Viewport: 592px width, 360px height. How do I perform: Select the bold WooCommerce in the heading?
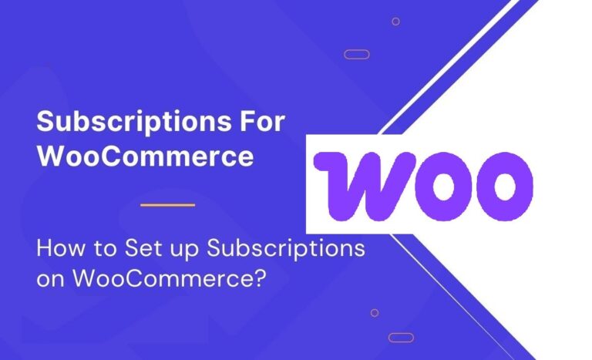[x=145, y=156]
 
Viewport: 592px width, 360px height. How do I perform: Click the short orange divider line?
[x=169, y=204]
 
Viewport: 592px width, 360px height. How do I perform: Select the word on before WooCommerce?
[x=51, y=278]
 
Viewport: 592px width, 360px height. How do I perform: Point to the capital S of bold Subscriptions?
[x=45, y=122]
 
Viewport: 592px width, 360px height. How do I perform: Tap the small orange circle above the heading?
[x=395, y=21]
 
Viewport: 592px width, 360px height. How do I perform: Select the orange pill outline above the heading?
[x=356, y=54]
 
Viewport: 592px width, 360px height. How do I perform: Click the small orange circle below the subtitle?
[x=375, y=312]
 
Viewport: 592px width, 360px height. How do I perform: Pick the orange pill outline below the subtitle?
[x=401, y=337]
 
